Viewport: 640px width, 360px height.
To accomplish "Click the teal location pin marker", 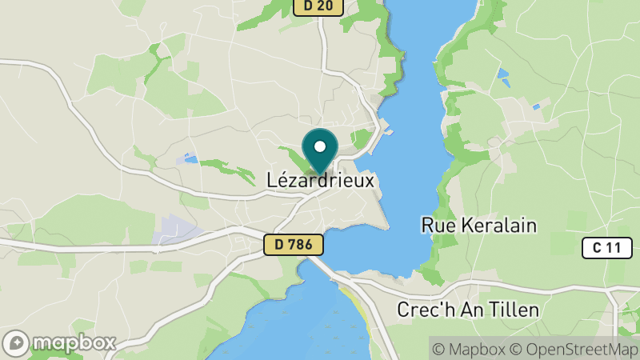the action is point(320,151).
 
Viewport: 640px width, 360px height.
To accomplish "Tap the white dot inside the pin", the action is point(320,146).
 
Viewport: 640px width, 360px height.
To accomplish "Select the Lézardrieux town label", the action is point(320,182).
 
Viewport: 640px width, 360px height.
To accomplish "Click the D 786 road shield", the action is point(294,245).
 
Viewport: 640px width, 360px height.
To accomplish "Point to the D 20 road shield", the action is point(318,6).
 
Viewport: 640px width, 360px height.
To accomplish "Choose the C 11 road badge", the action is point(602,248).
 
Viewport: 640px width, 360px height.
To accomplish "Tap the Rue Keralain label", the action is point(478,226).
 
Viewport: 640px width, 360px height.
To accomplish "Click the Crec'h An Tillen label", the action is point(468,309).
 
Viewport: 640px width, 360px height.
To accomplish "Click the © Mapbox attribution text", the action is point(469,349).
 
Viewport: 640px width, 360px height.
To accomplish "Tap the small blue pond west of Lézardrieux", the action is point(190,159).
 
